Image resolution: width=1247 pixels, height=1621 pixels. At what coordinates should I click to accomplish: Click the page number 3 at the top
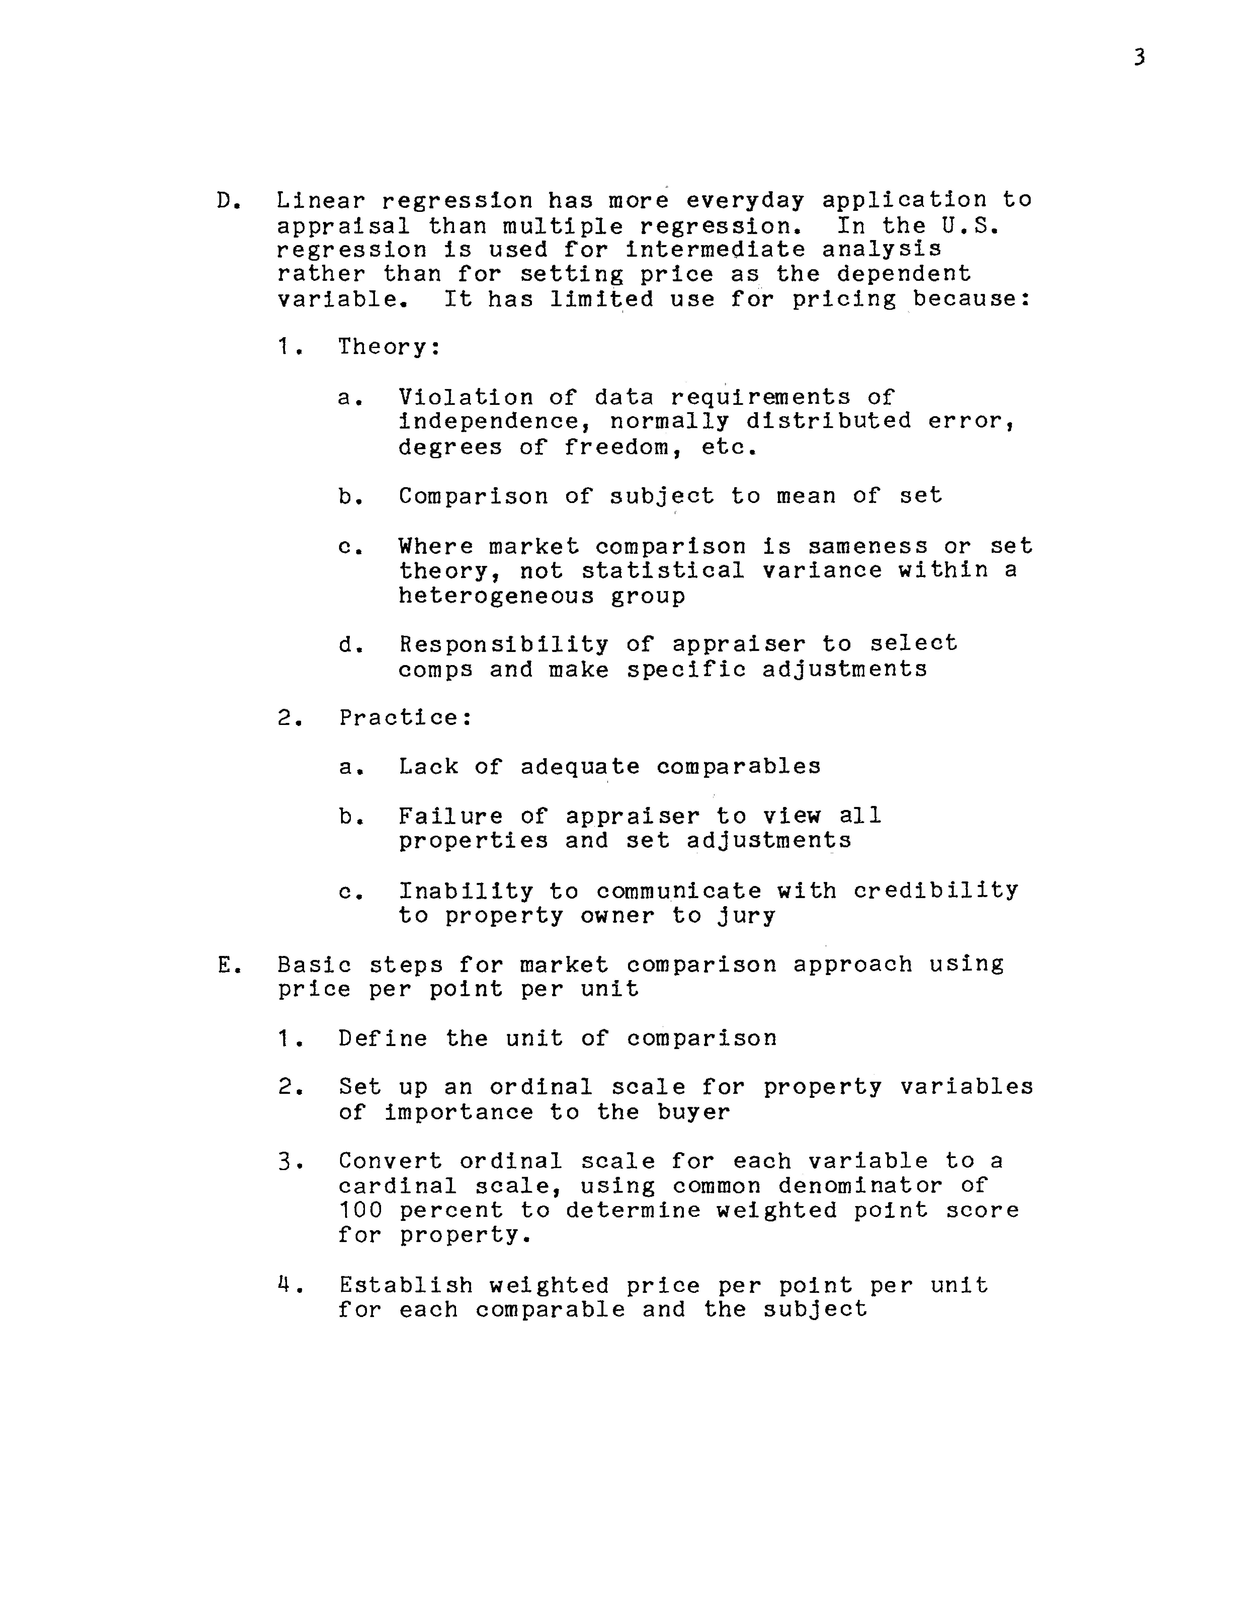[x=1139, y=57]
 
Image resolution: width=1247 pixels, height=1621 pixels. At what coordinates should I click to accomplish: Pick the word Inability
[x=465, y=891]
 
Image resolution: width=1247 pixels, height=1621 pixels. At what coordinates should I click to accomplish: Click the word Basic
[x=314, y=965]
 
